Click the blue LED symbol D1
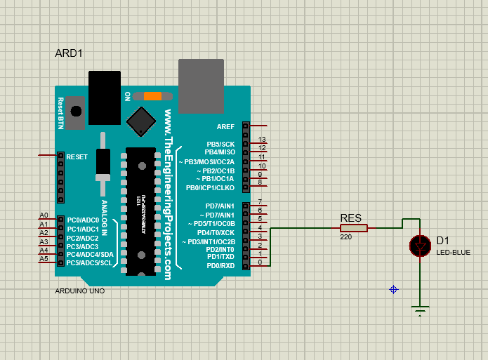click(x=421, y=246)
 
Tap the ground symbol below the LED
click(x=421, y=311)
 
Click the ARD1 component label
click(x=69, y=54)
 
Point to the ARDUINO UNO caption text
click(x=79, y=291)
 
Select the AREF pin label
click(x=225, y=126)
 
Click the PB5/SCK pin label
click(x=220, y=144)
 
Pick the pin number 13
click(x=262, y=140)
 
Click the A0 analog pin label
click(x=44, y=215)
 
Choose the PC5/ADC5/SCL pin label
click(x=89, y=263)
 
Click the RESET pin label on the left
click(x=77, y=156)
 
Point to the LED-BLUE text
click(x=453, y=253)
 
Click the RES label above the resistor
click(x=350, y=218)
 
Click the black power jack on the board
click(x=104, y=98)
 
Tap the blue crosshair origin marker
click(x=394, y=289)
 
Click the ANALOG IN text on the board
click(x=104, y=218)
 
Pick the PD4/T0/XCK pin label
click(x=216, y=232)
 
